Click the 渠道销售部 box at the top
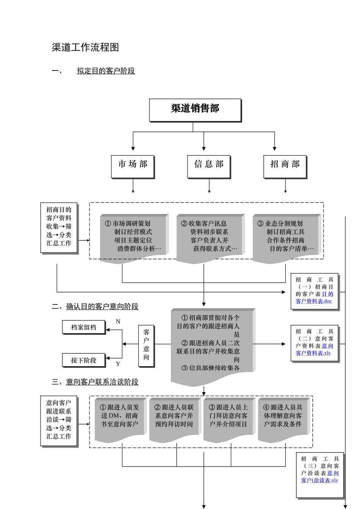tap(195, 110)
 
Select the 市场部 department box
tap(132, 166)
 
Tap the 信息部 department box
tap(208, 166)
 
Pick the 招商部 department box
tap(285, 166)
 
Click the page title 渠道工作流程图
tap(85, 47)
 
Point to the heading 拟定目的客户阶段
tap(106, 71)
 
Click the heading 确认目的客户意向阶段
tap(102, 306)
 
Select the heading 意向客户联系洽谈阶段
tap(102, 382)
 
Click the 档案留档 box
tap(83, 327)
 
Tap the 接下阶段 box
tap(83, 360)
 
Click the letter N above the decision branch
tap(118, 322)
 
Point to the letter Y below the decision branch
tap(118, 364)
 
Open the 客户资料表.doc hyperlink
tap(314, 301)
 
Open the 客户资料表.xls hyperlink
tap(313, 353)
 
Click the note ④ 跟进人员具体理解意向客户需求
tap(283, 417)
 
